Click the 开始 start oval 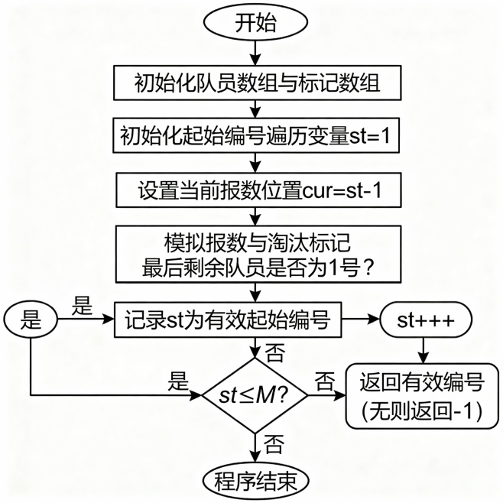(254, 23)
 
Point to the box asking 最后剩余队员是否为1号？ (254, 258)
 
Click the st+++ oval (423, 321)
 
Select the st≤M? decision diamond (254, 396)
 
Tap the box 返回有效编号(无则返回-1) (422, 395)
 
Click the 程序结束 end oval (254, 479)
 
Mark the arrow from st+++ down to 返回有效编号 (423, 350)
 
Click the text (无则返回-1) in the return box (422, 411)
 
